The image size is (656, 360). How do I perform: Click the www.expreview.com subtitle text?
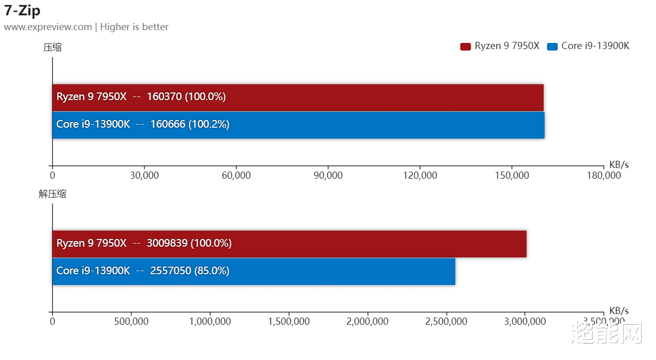pos(48,27)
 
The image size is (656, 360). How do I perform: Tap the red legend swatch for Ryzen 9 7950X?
pos(465,46)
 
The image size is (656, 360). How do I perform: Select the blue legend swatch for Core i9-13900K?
pos(552,46)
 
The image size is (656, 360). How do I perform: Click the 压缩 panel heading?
pos(53,47)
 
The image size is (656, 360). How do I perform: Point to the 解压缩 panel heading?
pos(53,194)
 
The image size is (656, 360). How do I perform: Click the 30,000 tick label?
pos(144,175)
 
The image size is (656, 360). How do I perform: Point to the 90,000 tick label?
pos(328,175)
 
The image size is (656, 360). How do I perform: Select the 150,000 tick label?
pos(512,175)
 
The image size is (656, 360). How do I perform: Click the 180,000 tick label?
pos(603,175)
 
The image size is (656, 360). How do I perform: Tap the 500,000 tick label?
pos(131,322)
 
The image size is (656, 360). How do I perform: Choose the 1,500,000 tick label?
pos(289,322)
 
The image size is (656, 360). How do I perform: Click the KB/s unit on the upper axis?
pos(619,164)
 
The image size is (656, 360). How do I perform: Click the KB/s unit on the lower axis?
pos(619,310)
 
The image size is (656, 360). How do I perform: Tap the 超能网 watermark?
pos(605,333)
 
